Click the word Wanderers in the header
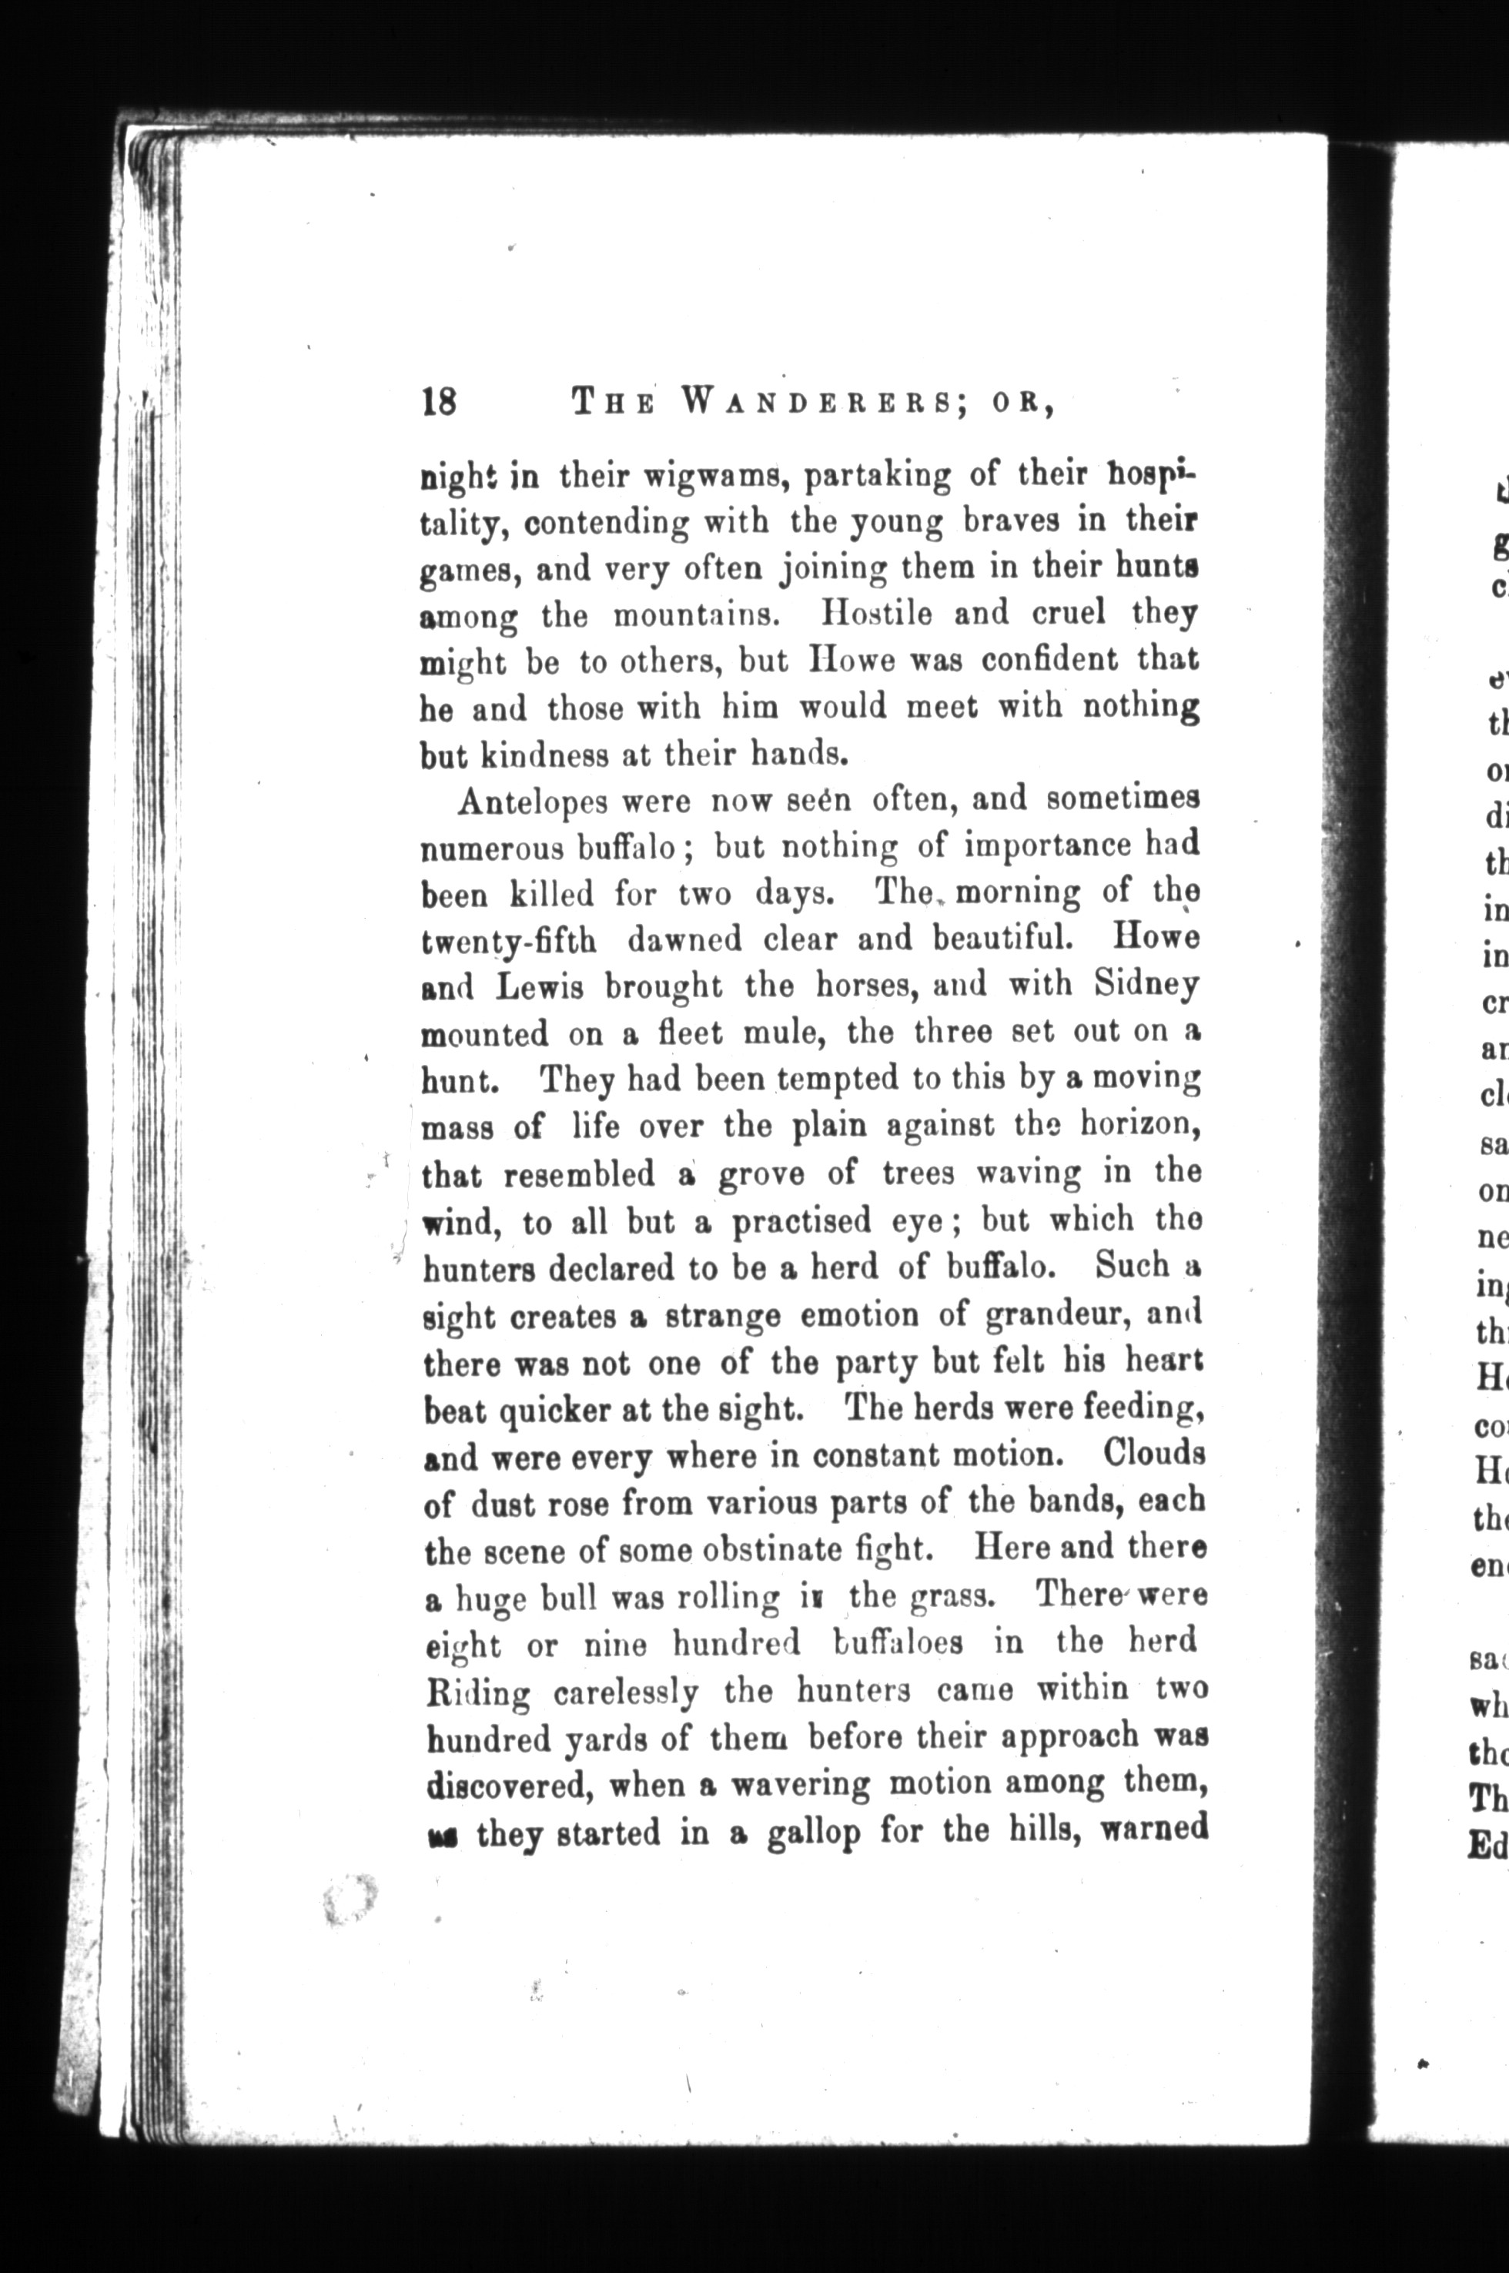click(x=815, y=401)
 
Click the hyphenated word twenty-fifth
click(x=509, y=941)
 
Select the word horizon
click(x=1139, y=1124)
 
